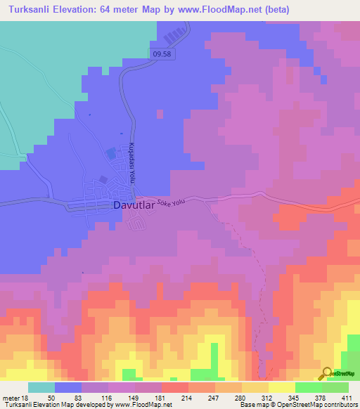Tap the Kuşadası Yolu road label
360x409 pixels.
(x=130, y=164)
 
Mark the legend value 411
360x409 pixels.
(x=347, y=397)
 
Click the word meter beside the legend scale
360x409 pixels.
(x=10, y=397)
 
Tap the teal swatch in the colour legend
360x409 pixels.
(x=41, y=387)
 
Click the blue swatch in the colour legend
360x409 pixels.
(x=68, y=387)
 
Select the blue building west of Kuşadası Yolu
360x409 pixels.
(x=111, y=152)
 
